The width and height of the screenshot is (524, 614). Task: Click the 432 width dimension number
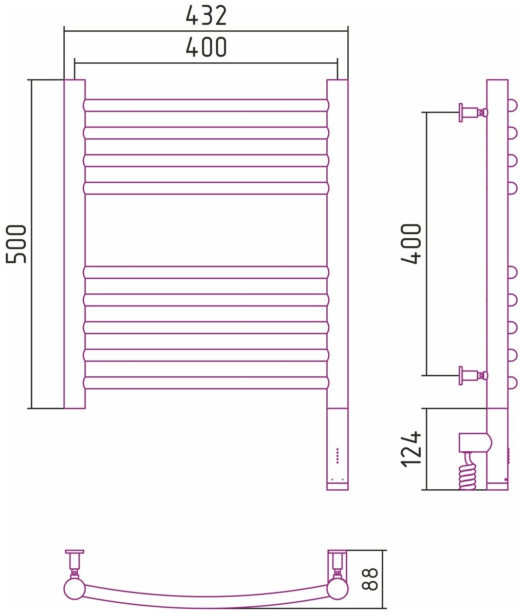coord(206,16)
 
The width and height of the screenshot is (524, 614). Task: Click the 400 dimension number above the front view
coord(206,48)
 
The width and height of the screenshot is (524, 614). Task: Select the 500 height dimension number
coord(17,244)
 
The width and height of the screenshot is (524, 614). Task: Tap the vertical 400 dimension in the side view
coord(412,244)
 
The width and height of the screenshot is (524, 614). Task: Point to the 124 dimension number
coord(412,449)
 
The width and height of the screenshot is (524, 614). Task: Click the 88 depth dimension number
coord(371,579)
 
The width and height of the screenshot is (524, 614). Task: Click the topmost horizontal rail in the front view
coord(206,105)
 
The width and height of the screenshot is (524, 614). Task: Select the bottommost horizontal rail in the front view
coord(206,383)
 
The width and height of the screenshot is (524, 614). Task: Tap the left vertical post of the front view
coord(75,244)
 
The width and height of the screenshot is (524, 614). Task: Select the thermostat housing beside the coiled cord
coord(474,442)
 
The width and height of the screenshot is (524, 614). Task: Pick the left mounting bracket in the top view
coord(75,560)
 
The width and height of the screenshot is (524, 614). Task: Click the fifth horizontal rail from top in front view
coord(206,272)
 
